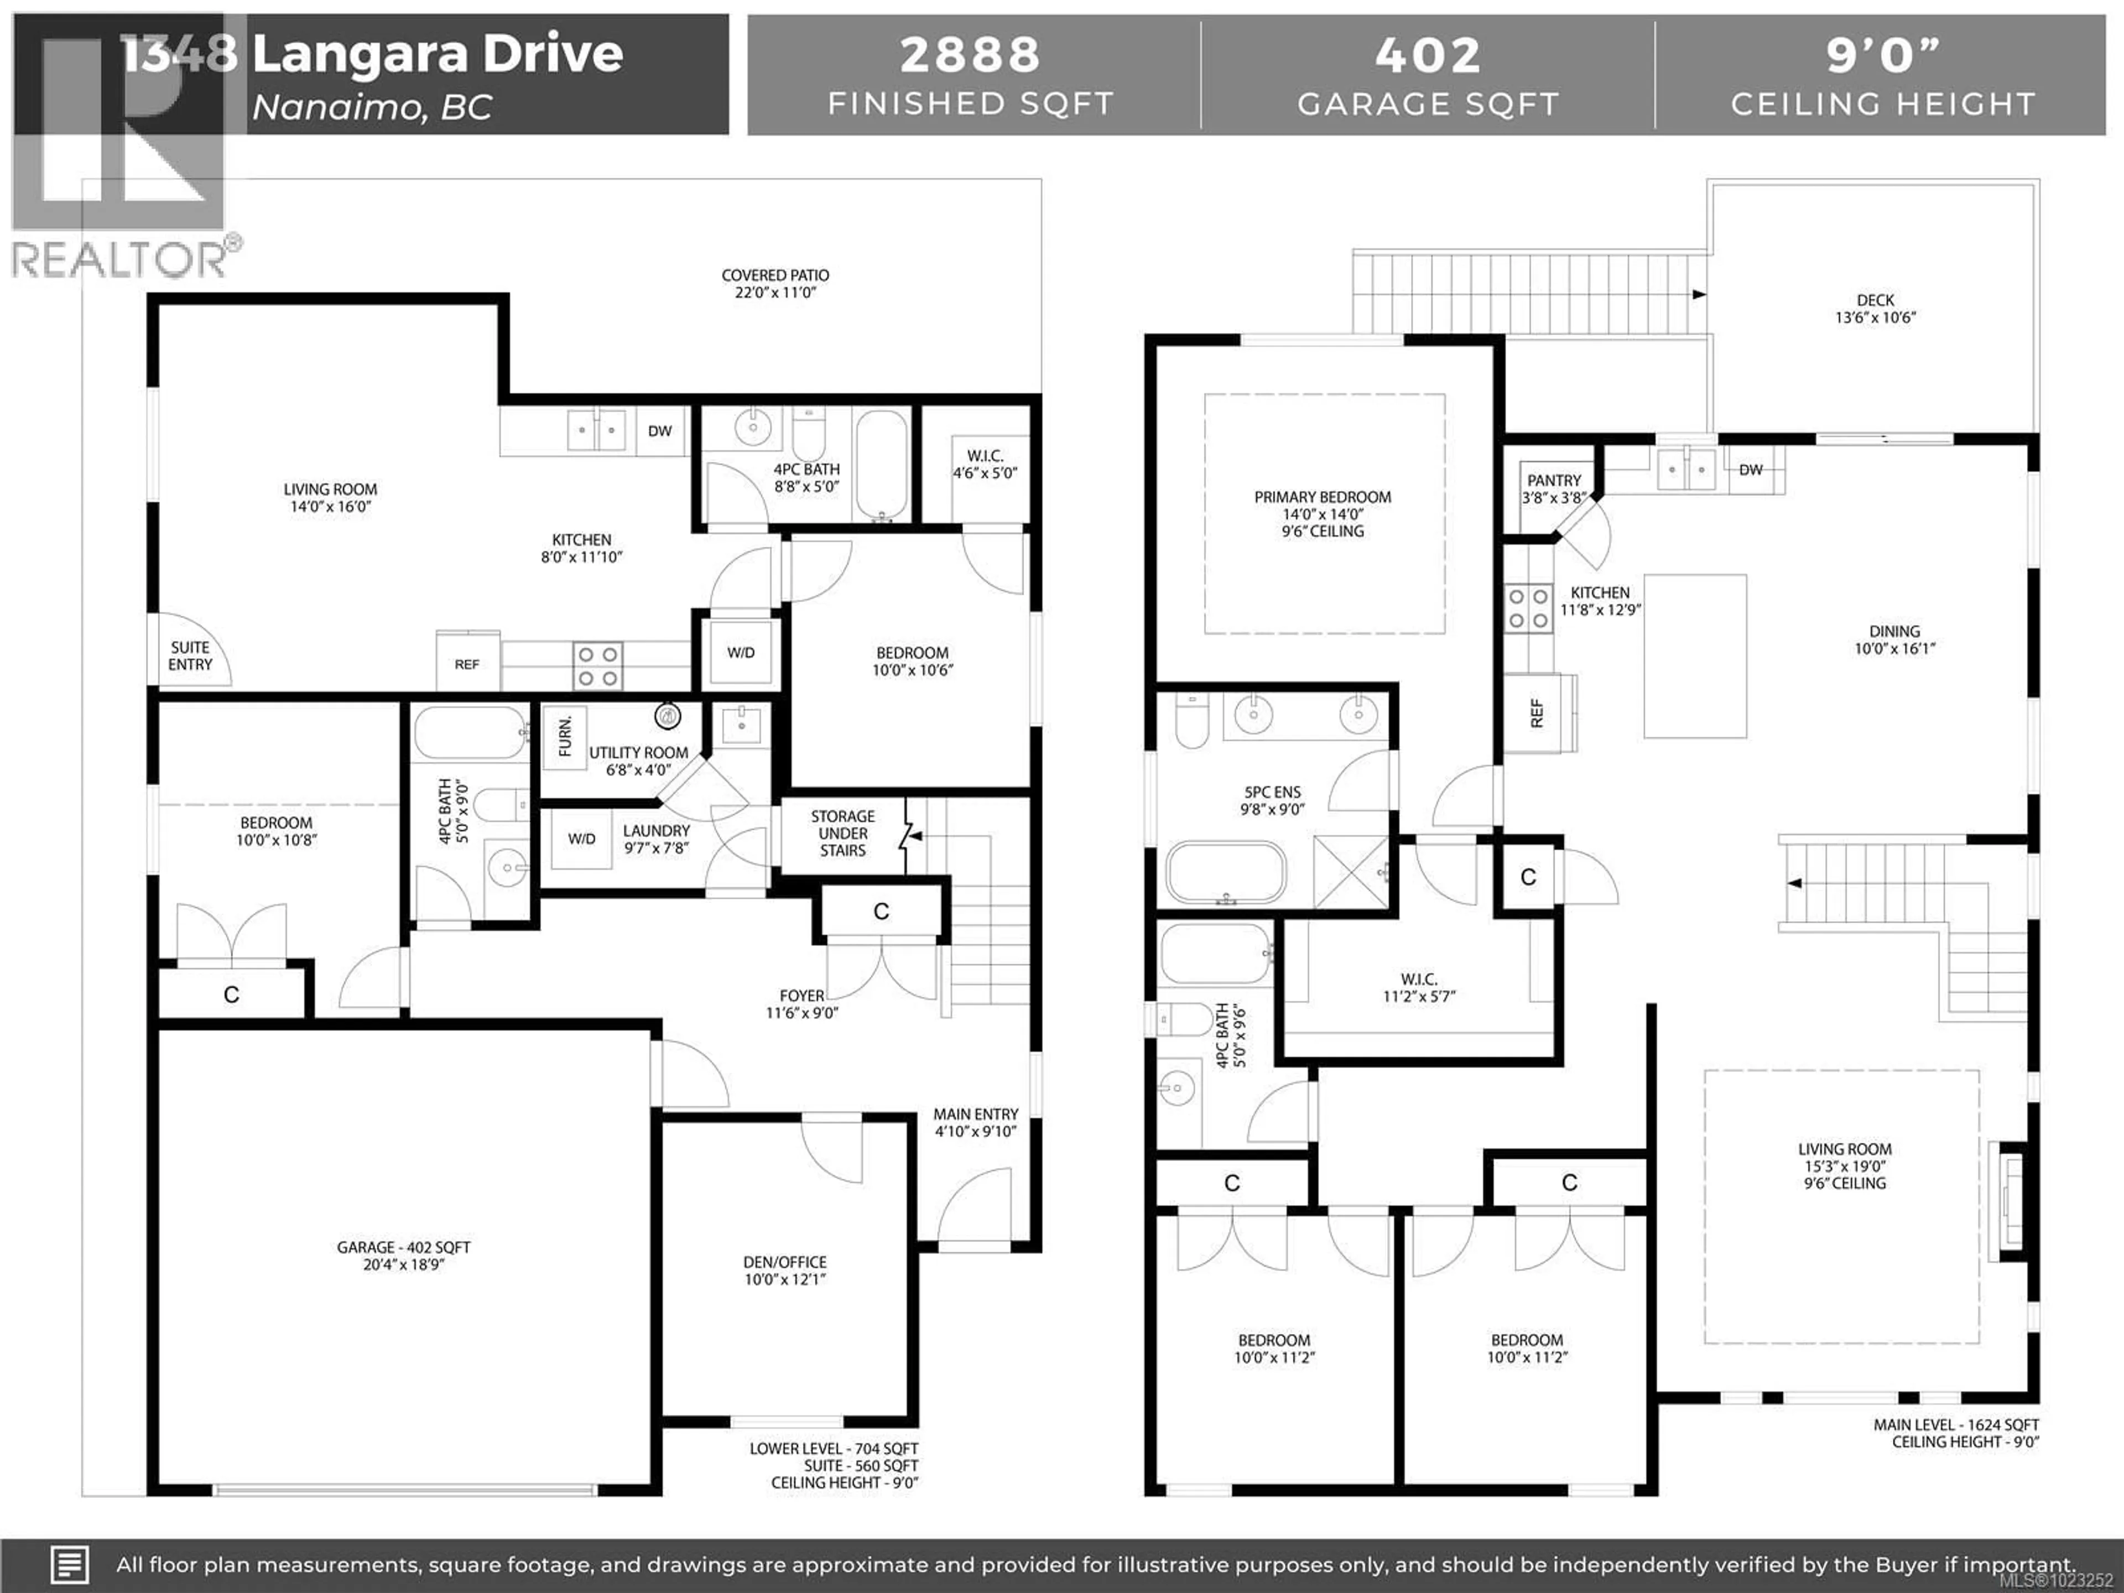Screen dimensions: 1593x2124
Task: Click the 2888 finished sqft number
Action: pyautogui.click(x=970, y=55)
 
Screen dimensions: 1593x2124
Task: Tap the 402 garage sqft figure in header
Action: pyautogui.click(x=1428, y=55)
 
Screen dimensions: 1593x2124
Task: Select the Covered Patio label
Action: pyautogui.click(x=775, y=283)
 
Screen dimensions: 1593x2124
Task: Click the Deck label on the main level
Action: pyautogui.click(x=1875, y=308)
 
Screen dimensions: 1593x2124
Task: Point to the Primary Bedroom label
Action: pyautogui.click(x=1322, y=513)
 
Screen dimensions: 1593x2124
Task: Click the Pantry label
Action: pyautogui.click(x=1554, y=488)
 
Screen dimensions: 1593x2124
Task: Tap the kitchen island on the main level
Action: pyautogui.click(x=1695, y=656)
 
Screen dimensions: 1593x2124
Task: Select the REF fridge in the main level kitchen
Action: pyautogui.click(x=1538, y=712)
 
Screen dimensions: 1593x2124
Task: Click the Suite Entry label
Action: pyautogui.click(x=190, y=656)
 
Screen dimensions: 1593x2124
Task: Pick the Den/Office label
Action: pyautogui.click(x=784, y=1269)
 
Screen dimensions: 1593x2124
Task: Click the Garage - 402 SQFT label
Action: pyautogui.click(x=403, y=1254)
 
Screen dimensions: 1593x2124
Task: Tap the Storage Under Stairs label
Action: pyautogui.click(x=842, y=832)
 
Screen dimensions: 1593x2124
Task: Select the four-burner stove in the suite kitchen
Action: pyautogui.click(x=597, y=665)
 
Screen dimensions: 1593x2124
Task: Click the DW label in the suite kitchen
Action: pyautogui.click(x=660, y=431)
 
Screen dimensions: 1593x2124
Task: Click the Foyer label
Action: pyautogui.click(x=802, y=1003)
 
